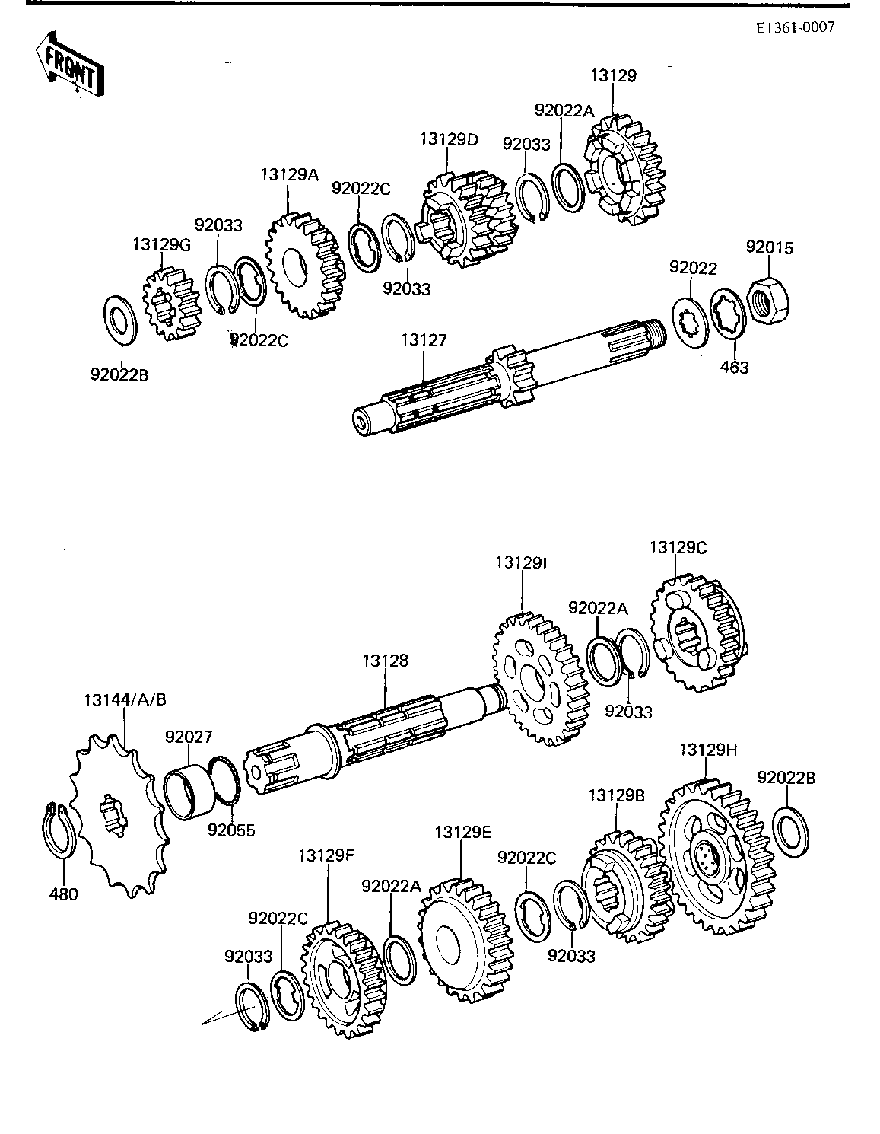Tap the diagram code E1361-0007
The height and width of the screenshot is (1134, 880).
point(796,27)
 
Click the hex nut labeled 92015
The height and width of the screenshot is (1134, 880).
point(769,299)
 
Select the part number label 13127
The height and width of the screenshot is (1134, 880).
point(424,339)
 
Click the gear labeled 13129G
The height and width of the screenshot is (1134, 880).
point(171,304)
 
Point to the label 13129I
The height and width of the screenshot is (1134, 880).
point(521,562)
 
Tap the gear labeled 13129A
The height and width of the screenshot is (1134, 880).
point(305,266)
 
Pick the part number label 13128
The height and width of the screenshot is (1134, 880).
point(386,661)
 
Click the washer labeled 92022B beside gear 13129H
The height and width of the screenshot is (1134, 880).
point(791,832)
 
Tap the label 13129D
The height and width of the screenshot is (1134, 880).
point(449,139)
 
